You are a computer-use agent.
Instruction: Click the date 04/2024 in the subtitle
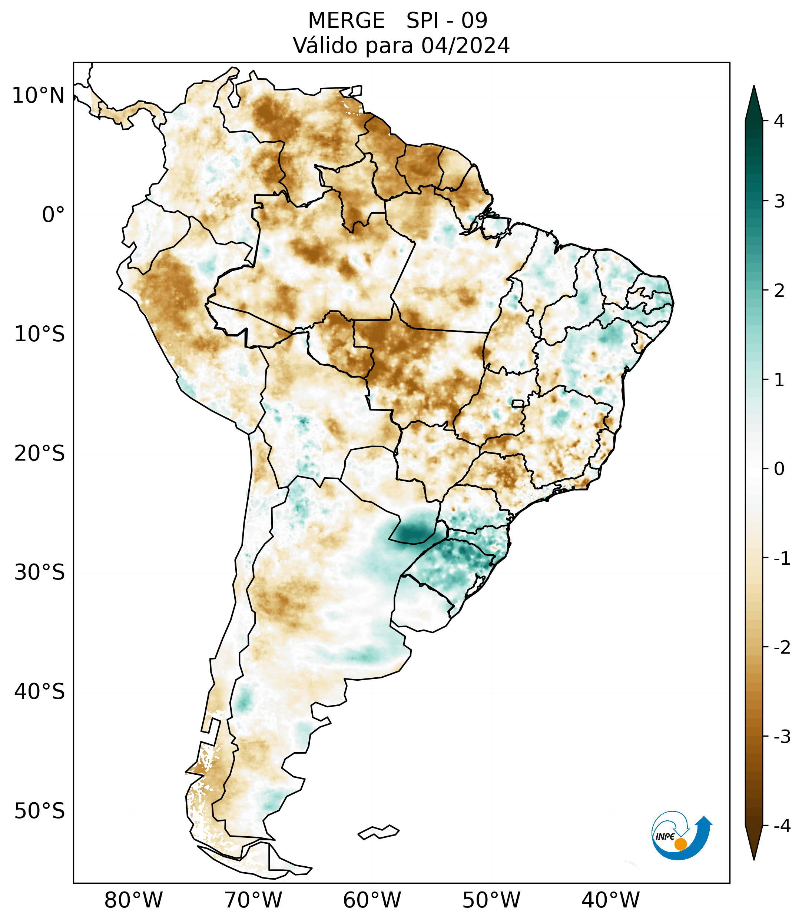[x=465, y=46]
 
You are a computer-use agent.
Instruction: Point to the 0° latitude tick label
[x=53, y=215]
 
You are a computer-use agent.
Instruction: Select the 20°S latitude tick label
[x=40, y=454]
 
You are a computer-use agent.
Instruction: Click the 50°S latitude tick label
[x=40, y=811]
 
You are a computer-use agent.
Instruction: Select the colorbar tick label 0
[x=779, y=469]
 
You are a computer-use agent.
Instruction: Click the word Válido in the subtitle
[x=325, y=46]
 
